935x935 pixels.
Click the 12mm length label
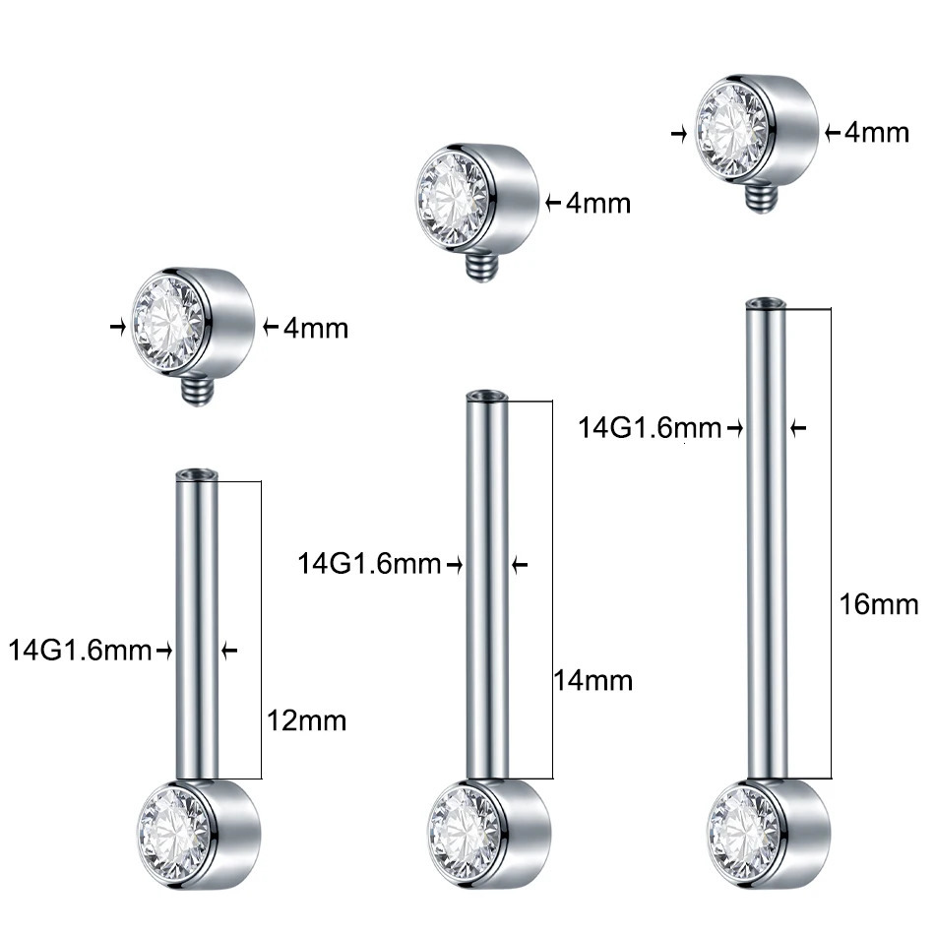307,720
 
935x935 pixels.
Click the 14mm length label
593,680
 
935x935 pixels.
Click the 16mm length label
878,603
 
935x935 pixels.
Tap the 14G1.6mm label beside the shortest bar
81,650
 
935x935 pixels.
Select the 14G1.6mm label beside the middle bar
370,564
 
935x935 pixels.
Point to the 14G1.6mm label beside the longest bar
650,428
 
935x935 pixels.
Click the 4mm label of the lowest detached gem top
315,328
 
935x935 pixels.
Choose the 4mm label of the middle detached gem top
597,203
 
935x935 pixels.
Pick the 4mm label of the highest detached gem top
877,131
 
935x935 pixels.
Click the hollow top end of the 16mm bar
766,302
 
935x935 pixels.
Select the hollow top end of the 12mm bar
195,474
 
